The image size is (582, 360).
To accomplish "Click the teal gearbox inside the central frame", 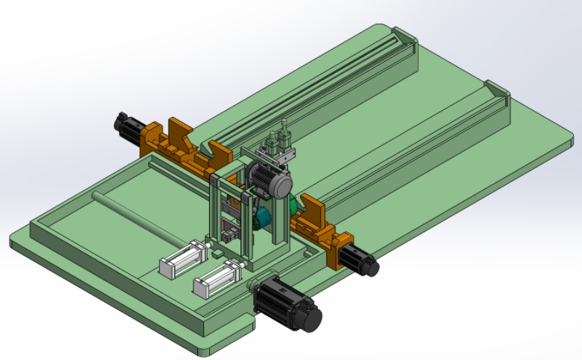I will pos(261,216).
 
